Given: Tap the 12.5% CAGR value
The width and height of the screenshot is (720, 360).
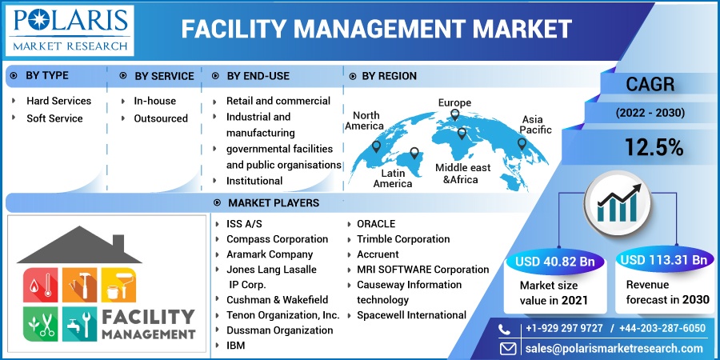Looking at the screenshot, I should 654,146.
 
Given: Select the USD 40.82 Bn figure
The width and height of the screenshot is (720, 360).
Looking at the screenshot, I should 554,260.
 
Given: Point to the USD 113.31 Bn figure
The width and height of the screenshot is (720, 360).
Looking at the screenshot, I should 664,260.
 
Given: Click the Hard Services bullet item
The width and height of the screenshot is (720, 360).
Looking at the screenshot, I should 58,101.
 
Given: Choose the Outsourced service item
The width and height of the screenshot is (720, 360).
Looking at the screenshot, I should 161,118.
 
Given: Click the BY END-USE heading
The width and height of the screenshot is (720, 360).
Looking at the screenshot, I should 258,76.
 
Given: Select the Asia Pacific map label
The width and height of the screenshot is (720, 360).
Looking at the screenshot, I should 536,124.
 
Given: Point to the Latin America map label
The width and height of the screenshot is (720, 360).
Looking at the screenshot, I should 393,178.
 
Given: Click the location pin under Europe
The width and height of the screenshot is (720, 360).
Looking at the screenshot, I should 455,115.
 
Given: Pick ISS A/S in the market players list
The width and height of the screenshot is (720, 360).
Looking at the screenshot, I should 243,224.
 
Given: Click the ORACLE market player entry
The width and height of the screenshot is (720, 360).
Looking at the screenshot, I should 376,224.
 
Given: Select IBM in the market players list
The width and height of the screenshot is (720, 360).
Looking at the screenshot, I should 236,346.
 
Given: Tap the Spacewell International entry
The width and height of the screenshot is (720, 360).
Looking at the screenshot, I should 412,315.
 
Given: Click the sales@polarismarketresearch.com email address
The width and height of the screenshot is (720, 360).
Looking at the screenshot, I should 614,348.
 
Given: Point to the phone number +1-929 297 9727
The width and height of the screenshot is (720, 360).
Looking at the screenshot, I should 563,328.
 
